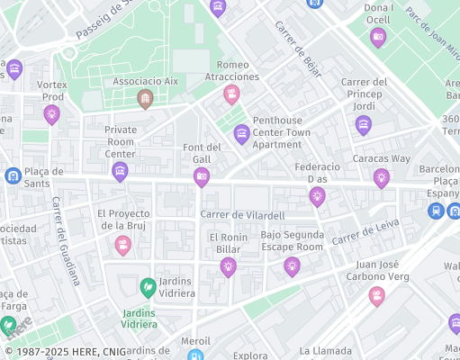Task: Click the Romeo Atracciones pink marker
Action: coord(231,94)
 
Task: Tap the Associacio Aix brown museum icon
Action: coord(145,99)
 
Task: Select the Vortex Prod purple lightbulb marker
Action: coord(52,113)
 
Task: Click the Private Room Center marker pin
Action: coord(120,171)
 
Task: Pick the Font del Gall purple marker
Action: coord(202,175)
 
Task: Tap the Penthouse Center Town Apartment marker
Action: coord(241,135)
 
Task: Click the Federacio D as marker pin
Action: coord(316,195)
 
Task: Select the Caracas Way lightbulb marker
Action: coord(381,177)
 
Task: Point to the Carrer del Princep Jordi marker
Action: coord(363,125)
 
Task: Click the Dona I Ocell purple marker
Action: coord(378,38)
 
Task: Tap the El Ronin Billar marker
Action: coord(228,265)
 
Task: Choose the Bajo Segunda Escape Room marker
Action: coord(292,265)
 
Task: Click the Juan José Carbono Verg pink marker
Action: coord(376,295)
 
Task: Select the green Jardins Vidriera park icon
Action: coord(148,287)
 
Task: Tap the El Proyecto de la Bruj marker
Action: coord(122,244)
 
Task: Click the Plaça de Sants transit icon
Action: coord(13,175)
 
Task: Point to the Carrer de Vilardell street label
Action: coord(242,215)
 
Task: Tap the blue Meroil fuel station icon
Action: coord(195,355)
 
